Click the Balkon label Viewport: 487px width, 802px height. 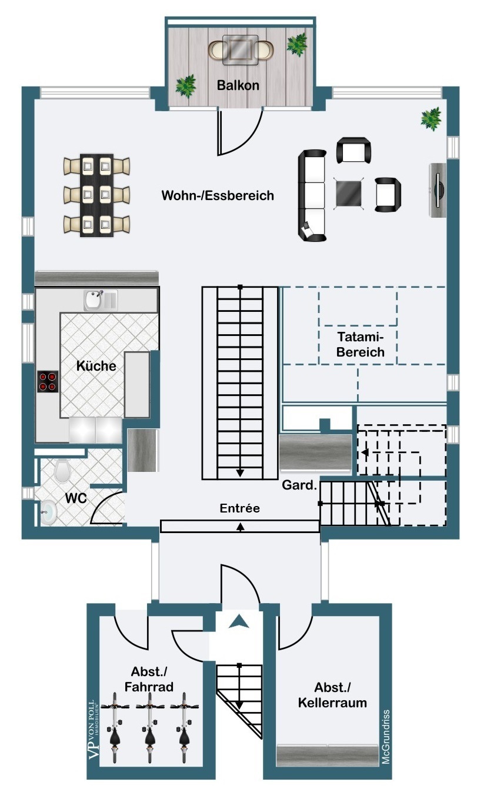tap(238, 85)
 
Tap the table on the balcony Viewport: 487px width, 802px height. tap(240, 50)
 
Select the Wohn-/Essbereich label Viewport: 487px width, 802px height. tap(218, 195)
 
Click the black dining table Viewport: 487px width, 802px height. tap(96, 195)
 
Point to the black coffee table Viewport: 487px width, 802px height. tap(349, 194)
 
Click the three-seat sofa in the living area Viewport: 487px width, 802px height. tap(312, 195)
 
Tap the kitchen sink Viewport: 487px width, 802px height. tap(101, 300)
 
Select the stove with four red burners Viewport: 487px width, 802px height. tap(48, 381)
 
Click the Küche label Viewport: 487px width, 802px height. tap(96, 366)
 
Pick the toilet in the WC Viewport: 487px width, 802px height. tap(62, 471)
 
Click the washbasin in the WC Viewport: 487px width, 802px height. tap(49, 513)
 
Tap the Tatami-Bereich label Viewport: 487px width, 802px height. tap(361, 344)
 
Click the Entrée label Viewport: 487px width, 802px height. tap(240, 508)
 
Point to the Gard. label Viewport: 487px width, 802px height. tap(299, 485)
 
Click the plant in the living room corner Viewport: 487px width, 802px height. tap(431, 119)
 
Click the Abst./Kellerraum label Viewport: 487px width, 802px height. tap(332, 695)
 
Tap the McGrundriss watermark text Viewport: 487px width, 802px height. tap(386, 737)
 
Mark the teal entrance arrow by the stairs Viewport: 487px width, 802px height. tap(239, 621)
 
